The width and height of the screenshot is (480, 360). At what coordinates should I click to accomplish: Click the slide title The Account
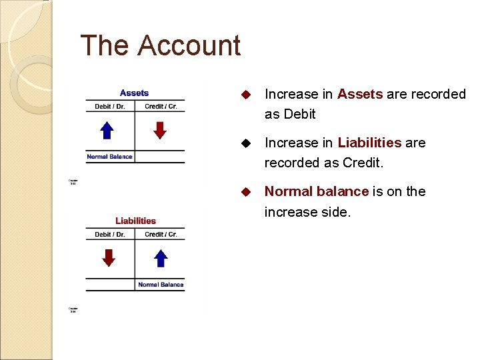point(160,46)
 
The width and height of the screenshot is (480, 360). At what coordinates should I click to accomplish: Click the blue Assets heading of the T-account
point(134,93)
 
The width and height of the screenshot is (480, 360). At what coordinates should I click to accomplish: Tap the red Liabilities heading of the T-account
point(135,221)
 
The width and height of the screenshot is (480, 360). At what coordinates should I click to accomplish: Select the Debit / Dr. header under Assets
point(110,107)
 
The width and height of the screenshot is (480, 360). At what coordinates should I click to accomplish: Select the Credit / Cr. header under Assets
point(161,107)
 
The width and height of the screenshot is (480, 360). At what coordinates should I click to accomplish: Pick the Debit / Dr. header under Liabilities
point(110,235)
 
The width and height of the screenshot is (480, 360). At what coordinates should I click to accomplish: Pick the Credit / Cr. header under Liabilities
point(161,235)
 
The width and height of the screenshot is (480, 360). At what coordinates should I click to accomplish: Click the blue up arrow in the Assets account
point(107,130)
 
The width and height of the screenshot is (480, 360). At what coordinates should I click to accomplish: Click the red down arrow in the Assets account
point(159,130)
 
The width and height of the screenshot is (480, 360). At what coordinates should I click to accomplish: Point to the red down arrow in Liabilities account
point(109,257)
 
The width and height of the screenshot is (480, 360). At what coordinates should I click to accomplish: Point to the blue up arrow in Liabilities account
point(160,257)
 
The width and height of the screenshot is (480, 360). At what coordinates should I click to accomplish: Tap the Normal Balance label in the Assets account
point(109,157)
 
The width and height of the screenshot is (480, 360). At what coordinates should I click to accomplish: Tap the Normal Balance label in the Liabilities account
point(161,285)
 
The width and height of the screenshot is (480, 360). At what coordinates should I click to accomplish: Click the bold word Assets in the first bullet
point(360,94)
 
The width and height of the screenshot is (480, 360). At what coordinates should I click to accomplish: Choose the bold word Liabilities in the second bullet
point(369,143)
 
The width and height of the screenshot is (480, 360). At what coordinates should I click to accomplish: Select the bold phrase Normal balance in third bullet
point(316,191)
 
